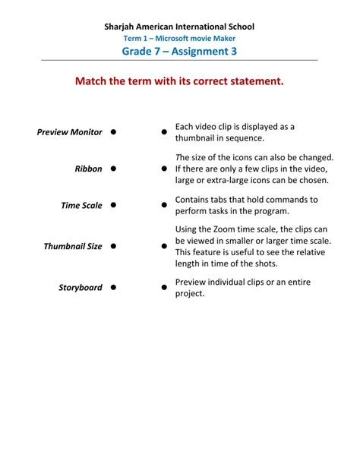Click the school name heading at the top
click(179, 27)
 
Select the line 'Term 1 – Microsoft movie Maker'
click(179, 38)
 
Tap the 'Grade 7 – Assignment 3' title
click(179, 52)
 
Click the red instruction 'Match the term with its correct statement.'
click(179, 80)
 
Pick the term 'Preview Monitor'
click(69, 132)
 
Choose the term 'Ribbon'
click(88, 169)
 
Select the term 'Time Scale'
click(81, 205)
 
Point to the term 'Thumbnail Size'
click(72, 246)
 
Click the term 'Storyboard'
click(81, 288)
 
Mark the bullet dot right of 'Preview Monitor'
click(112, 131)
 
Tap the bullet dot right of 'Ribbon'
click(112, 168)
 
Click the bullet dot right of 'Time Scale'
click(112, 205)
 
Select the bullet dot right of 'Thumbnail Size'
click(112, 246)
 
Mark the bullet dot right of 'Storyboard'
click(112, 287)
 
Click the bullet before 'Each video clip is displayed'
click(164, 132)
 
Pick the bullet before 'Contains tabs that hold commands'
click(164, 205)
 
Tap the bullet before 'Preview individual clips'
click(164, 288)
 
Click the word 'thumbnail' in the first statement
click(197, 138)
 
